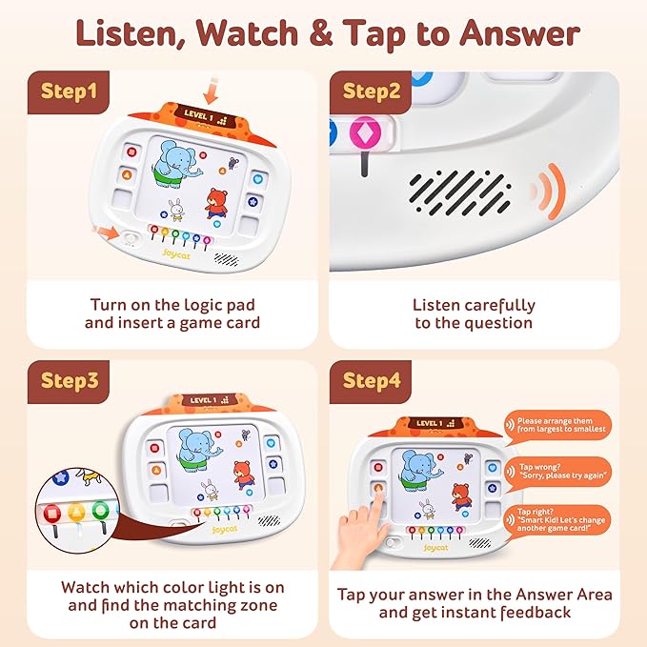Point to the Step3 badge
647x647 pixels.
pyautogui.click(x=69, y=380)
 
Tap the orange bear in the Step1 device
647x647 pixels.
pyautogui.click(x=217, y=207)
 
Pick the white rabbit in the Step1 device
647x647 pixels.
pyautogui.click(x=176, y=212)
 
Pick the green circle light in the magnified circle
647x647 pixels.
pyautogui.click(x=100, y=513)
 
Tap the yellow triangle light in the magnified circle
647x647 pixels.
pyautogui.click(x=76, y=514)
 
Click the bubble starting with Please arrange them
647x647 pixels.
pyautogui.click(x=560, y=424)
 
